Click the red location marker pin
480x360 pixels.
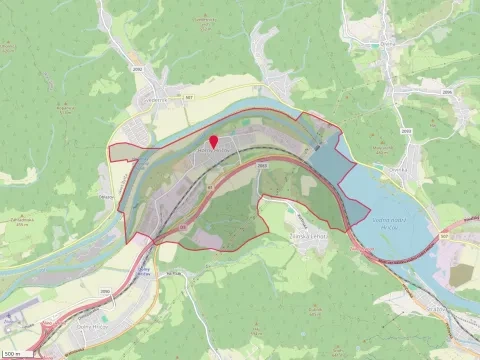coord(213,141)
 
